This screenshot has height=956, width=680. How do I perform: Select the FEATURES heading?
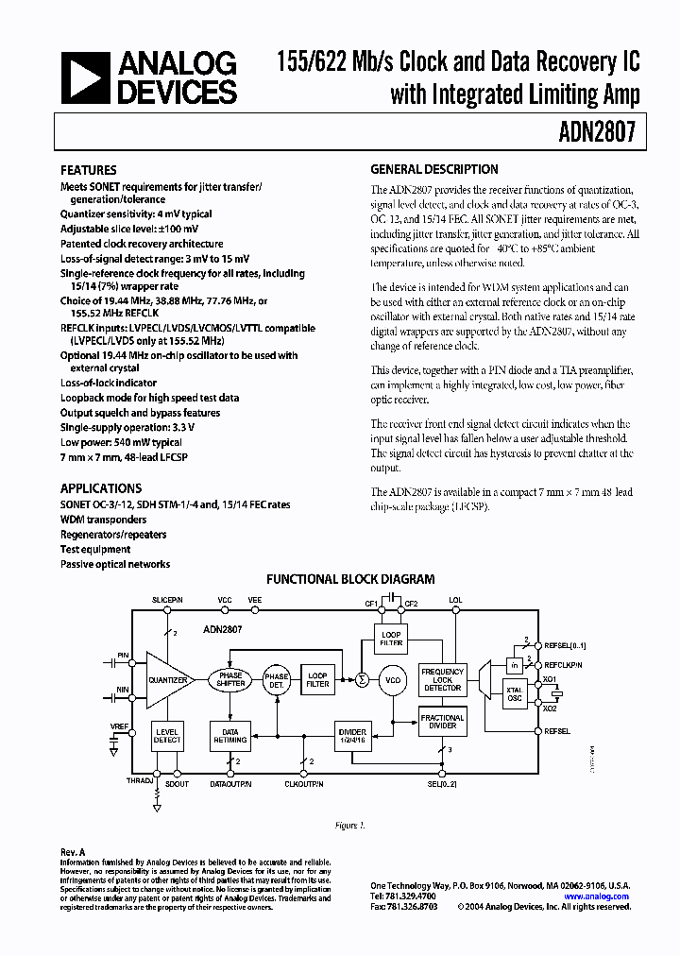pos(89,171)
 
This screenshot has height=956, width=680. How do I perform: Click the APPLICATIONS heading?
pos(101,488)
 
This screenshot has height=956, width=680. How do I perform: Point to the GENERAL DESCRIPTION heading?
pos(433,170)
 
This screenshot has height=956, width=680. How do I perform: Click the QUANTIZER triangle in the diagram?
pos(167,678)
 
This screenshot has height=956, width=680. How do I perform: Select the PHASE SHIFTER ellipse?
pos(230,679)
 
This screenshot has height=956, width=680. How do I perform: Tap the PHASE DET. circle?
pos(277,678)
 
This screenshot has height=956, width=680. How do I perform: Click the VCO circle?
pos(392,679)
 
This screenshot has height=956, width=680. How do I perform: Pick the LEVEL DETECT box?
pos(167,736)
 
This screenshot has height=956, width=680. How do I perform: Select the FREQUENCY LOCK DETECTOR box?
pos(442,679)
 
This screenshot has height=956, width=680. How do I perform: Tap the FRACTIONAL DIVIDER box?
pos(442,723)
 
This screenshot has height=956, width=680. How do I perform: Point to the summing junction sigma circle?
pos(360,678)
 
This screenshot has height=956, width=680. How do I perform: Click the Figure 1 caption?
pos(349,825)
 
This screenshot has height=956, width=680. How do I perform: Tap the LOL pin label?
pos(455,600)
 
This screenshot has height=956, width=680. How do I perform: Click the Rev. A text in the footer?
pos(73,851)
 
